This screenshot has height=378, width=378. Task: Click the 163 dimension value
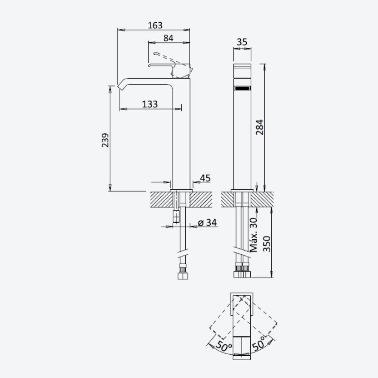click(x=155, y=25)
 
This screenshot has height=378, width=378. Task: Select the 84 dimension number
click(x=168, y=38)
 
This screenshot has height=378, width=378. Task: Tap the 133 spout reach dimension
click(x=150, y=104)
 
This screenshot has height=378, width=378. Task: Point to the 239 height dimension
click(x=105, y=140)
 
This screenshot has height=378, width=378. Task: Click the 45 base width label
click(x=205, y=178)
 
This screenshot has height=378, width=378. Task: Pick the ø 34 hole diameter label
click(x=207, y=223)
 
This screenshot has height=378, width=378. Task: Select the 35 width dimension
click(x=242, y=42)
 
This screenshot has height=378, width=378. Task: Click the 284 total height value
click(x=260, y=127)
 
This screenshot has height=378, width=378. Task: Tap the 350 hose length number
click(x=267, y=244)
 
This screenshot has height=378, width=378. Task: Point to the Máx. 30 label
click(x=254, y=235)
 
